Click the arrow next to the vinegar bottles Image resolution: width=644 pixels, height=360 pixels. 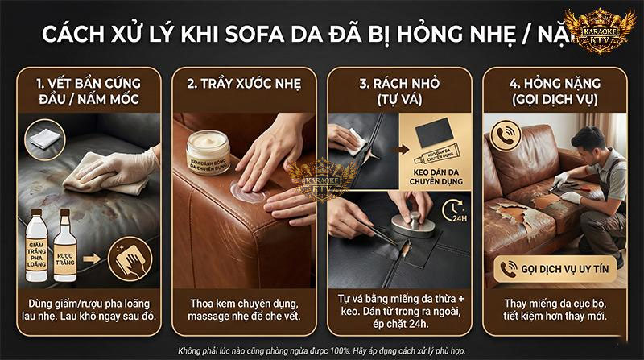click(x=94, y=259)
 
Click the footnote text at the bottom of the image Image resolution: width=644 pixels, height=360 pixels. click(x=322, y=350)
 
